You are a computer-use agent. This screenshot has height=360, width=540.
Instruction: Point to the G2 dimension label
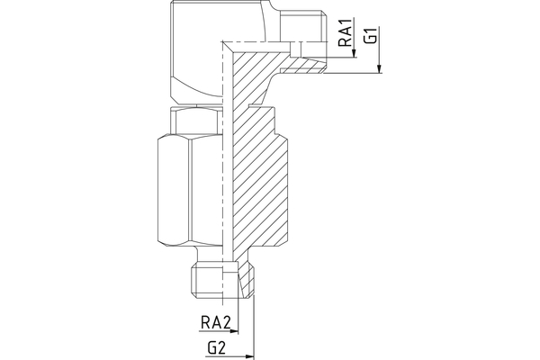tap(217, 346)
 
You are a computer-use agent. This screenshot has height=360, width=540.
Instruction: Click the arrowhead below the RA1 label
tap(355, 57)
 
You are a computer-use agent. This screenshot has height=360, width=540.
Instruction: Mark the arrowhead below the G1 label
tap(380, 70)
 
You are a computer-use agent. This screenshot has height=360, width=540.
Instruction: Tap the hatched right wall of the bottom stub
tap(246, 281)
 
